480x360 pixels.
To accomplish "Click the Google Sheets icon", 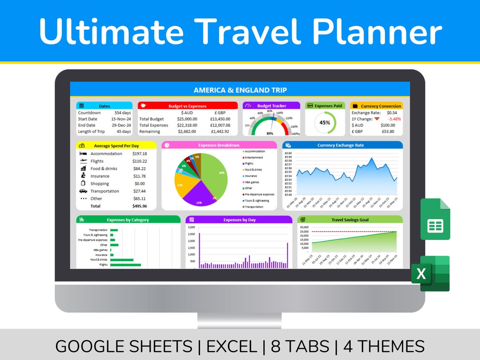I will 435,219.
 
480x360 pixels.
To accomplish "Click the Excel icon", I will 430,273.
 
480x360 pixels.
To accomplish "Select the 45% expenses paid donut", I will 325,123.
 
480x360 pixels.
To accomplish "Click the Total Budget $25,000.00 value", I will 187,119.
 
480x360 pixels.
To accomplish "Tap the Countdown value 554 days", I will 123,113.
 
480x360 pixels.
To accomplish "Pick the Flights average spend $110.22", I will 140,161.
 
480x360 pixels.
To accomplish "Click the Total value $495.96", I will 140,206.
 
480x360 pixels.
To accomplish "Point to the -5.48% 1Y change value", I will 394,119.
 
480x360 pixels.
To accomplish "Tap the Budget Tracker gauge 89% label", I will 270,133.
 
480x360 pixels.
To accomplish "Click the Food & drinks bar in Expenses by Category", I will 122,260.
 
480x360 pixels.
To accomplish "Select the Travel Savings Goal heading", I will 350,220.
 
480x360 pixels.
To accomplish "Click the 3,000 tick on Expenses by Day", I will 192,227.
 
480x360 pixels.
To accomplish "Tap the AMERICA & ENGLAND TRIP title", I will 240,90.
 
